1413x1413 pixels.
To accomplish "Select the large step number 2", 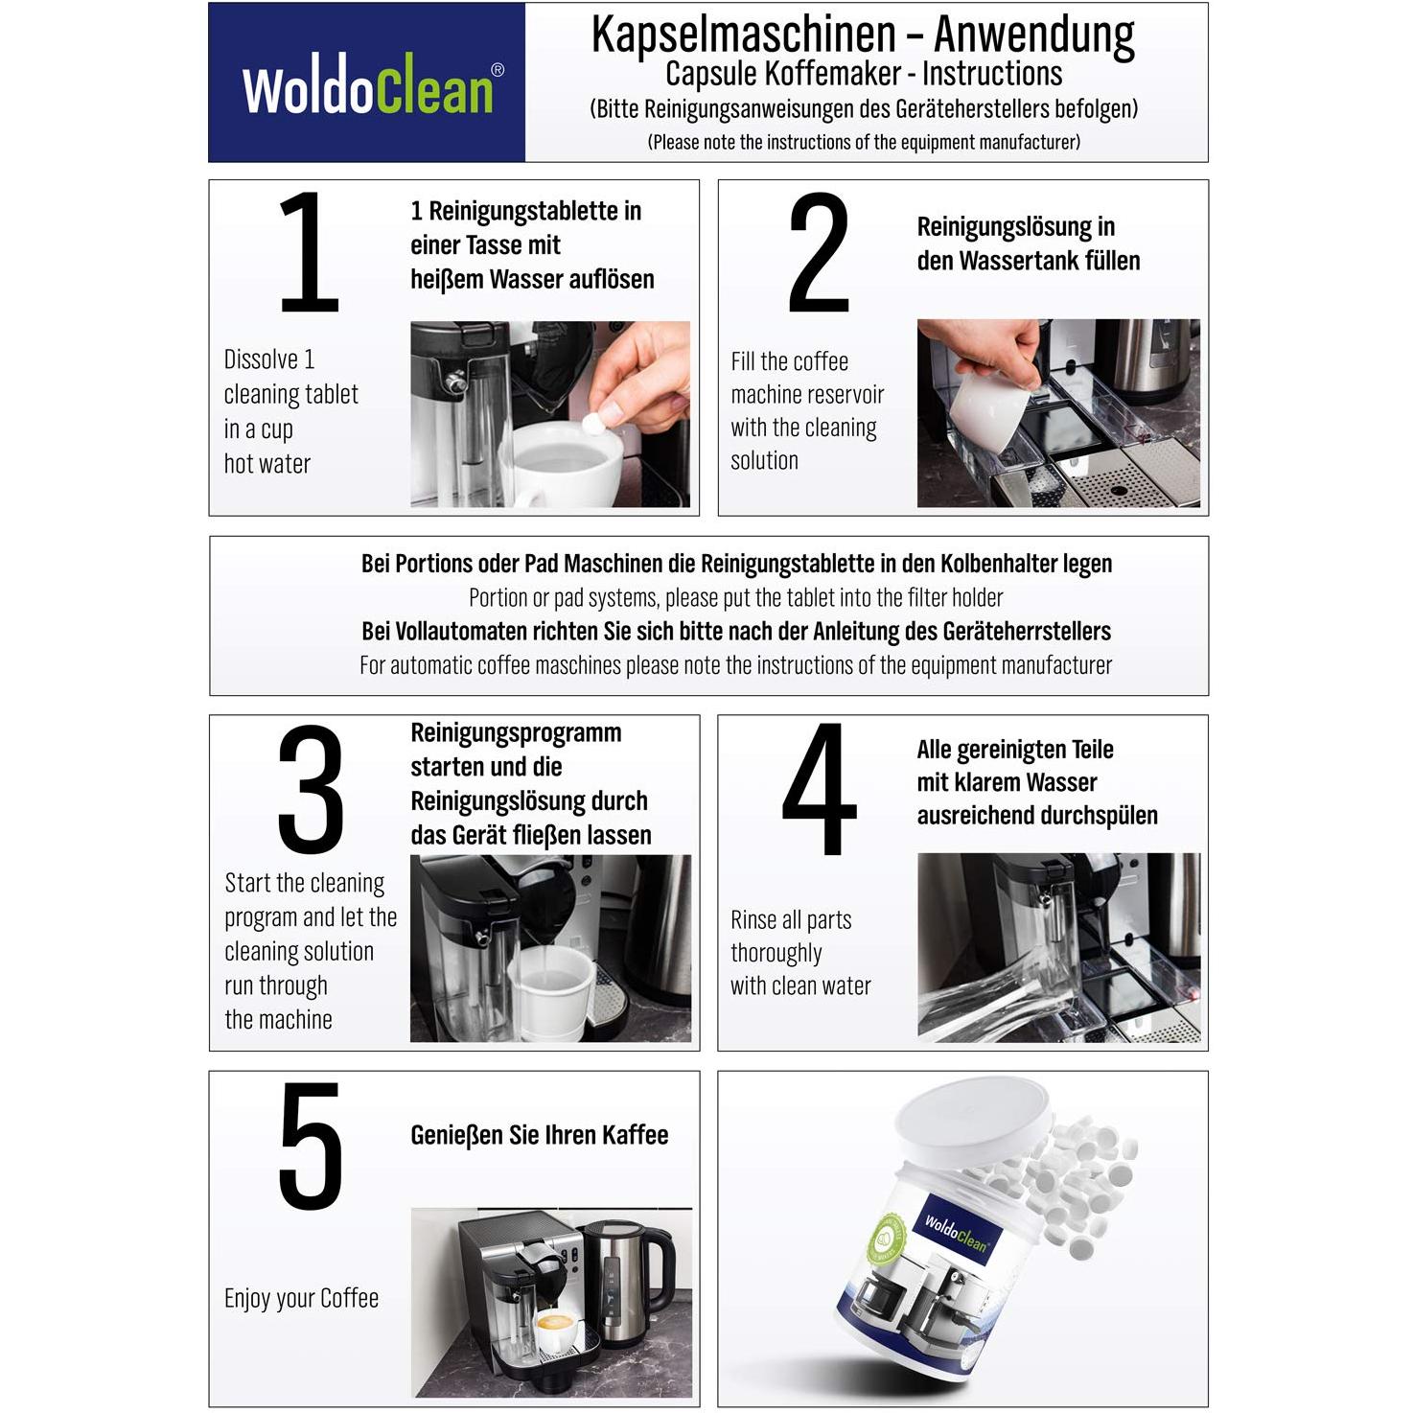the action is (x=819, y=251).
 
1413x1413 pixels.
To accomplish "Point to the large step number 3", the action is (x=311, y=789).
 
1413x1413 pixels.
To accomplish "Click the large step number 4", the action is (x=819, y=789).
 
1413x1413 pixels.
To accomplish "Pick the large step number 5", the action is (x=311, y=1146).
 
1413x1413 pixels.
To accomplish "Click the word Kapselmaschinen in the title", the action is (x=744, y=35).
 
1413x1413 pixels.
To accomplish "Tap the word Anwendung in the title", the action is (x=1034, y=35).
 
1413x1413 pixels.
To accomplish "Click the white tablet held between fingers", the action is (x=593, y=424).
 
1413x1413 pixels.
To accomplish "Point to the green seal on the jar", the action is (x=886, y=1239).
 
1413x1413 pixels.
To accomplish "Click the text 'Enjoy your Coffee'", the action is (x=301, y=1298).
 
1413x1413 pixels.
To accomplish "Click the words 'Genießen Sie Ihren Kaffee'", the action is (x=539, y=1134).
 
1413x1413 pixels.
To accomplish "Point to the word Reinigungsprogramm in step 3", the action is (x=517, y=732).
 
